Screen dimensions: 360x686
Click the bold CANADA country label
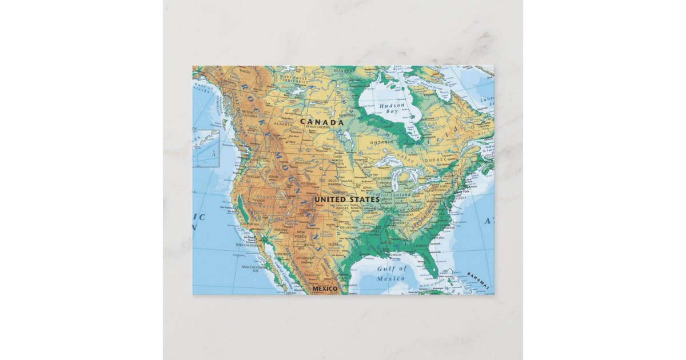(322, 122)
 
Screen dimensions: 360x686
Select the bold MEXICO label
(325, 289)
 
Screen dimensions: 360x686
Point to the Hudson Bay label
(392, 109)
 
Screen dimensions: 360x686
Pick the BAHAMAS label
(478, 279)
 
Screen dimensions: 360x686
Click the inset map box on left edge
(205, 149)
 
